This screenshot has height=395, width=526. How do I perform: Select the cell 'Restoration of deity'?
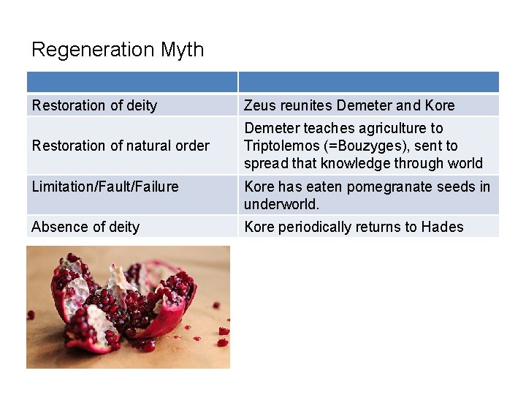(94, 105)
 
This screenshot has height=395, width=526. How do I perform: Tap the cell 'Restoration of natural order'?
(121, 146)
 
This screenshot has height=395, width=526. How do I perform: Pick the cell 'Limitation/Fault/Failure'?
(105, 187)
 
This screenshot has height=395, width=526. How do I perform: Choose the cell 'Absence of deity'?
(85, 227)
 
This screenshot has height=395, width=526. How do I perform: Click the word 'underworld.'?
(282, 203)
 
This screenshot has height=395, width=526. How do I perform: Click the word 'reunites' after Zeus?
(305, 105)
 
